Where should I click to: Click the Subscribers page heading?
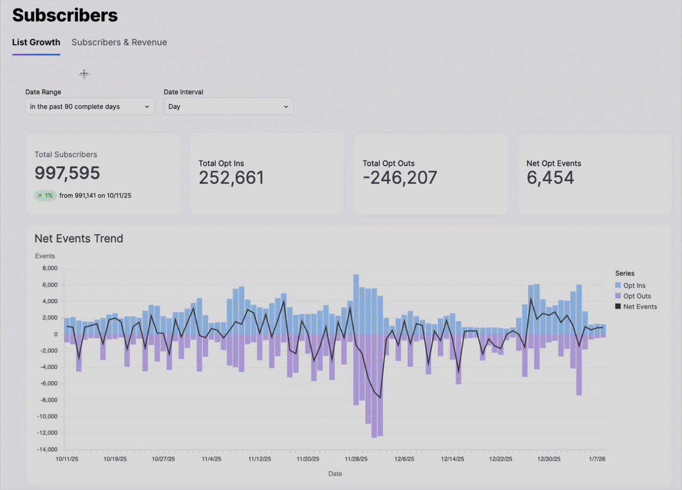(x=64, y=15)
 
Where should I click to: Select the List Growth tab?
(x=36, y=43)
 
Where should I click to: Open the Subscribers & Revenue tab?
(x=119, y=43)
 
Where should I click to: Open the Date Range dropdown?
(x=90, y=107)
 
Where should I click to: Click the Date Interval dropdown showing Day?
(x=228, y=107)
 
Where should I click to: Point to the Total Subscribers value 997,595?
(x=67, y=173)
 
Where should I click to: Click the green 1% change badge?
(x=45, y=195)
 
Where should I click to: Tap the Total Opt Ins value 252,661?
(x=231, y=178)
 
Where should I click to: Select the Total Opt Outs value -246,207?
(x=400, y=178)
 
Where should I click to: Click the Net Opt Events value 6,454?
(x=550, y=178)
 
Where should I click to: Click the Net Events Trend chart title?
(x=79, y=239)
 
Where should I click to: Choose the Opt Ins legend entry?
(x=634, y=285)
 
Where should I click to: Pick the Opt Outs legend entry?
(x=637, y=296)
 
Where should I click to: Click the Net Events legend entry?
(x=640, y=307)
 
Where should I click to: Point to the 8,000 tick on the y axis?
(x=49, y=268)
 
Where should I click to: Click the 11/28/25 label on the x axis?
(x=356, y=459)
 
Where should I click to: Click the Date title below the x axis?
(x=335, y=473)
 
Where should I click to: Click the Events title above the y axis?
(x=45, y=256)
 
